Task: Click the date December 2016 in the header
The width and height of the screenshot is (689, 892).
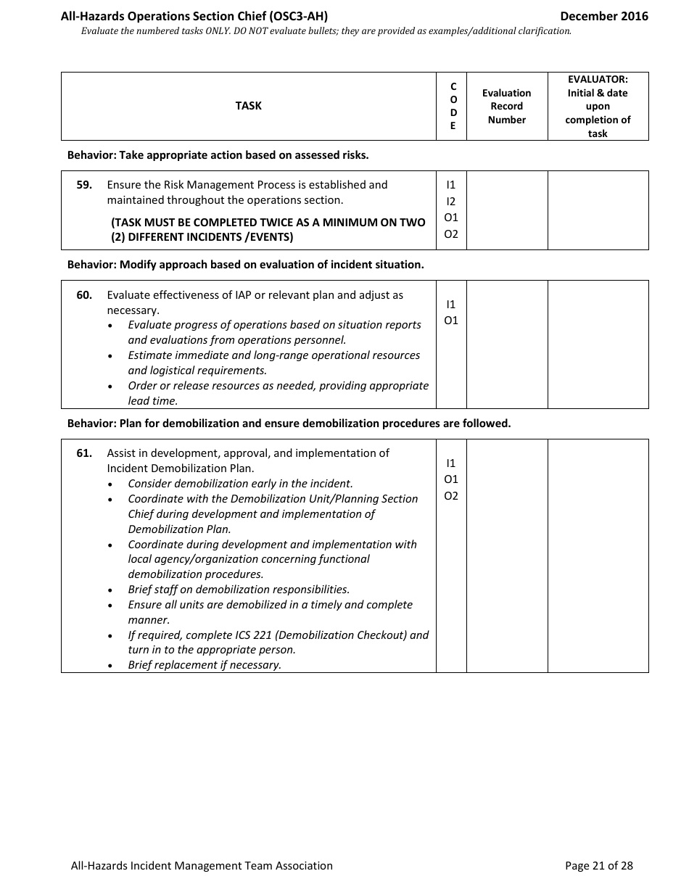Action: [x=604, y=16]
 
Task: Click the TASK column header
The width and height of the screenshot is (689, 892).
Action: [x=248, y=106]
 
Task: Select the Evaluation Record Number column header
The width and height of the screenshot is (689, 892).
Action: [x=506, y=106]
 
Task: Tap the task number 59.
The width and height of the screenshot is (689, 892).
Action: [x=84, y=185]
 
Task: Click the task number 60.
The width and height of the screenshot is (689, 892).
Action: [x=84, y=295]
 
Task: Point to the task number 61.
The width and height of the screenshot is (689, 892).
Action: [x=84, y=453]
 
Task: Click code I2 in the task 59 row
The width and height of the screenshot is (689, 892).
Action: [x=451, y=202]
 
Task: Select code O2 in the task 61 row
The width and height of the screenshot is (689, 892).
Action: [x=451, y=496]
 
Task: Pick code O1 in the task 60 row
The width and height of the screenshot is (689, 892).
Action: [x=451, y=321]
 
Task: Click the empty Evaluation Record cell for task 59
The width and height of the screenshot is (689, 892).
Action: [x=506, y=210]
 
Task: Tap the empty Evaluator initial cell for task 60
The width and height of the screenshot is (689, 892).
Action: [x=598, y=344]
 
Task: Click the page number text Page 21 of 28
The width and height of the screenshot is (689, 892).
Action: [x=598, y=865]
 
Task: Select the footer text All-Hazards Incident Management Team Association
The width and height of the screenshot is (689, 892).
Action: [x=202, y=865]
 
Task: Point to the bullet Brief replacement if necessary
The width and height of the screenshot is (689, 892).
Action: [x=205, y=665]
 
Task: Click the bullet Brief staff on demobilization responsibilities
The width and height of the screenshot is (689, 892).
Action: [x=239, y=590]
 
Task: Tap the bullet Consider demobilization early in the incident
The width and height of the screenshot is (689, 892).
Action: [x=240, y=484]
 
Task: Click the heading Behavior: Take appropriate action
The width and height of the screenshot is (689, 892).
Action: [x=218, y=154]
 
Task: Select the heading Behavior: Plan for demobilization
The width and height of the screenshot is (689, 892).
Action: [x=289, y=424]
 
